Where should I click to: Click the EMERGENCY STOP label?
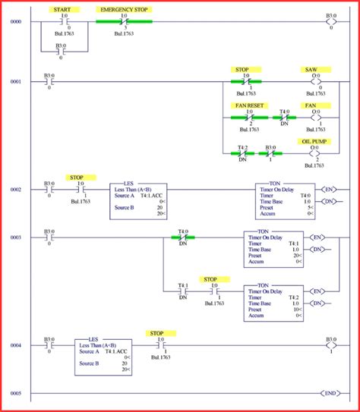[x=125, y=10]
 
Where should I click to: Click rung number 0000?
[x=14, y=22]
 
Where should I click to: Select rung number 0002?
[x=14, y=189]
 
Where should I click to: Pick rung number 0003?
[x=14, y=237]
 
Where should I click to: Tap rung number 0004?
[x=14, y=345]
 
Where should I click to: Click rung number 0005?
[x=14, y=393]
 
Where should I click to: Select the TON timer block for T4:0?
[x=285, y=200]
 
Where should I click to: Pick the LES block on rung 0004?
[x=103, y=355]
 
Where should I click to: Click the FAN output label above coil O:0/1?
[x=310, y=105]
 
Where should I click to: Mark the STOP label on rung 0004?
[x=156, y=333]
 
